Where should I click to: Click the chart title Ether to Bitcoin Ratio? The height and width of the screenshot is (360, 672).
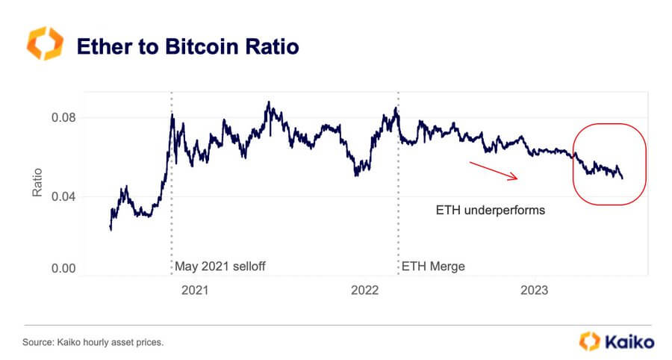point(187,46)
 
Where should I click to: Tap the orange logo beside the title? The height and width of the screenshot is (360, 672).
point(42,44)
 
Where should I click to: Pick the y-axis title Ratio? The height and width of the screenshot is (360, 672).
point(36,182)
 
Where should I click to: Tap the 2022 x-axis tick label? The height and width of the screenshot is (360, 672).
point(366,289)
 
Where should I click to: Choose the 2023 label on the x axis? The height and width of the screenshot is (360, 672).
point(535,289)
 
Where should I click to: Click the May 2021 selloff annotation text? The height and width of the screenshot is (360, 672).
point(220,265)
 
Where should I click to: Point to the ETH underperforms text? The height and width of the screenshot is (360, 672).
point(490,211)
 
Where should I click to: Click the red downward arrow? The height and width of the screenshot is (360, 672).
point(493,170)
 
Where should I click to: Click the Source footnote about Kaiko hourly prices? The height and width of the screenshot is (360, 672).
point(94,342)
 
